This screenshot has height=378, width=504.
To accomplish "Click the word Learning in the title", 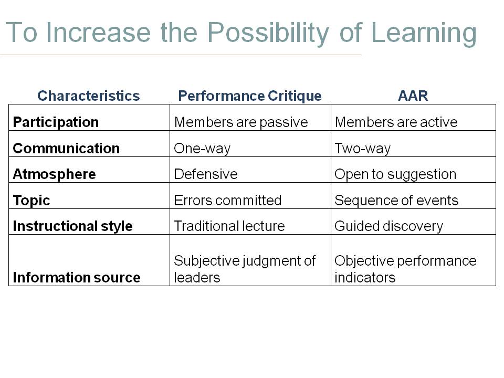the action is [x=424, y=34].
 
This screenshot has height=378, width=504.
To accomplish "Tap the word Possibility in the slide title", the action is [x=268, y=34].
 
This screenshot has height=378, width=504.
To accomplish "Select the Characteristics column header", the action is [x=89, y=96].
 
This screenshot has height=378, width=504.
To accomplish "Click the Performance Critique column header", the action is [x=250, y=96].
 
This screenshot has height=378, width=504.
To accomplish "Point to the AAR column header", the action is [x=413, y=96].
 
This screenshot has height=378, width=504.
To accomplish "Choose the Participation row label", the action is [x=56, y=122].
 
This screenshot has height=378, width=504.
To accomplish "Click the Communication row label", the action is [x=66, y=149].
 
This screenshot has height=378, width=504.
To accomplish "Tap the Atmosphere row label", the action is [x=54, y=174].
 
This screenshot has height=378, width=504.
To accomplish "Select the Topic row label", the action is [x=31, y=201].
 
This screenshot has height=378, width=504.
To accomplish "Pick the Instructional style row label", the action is [x=72, y=226].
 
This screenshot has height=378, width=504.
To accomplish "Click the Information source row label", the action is [x=77, y=278].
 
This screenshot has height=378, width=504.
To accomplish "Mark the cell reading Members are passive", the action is [x=241, y=122].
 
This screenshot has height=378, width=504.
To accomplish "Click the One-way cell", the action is [x=202, y=149].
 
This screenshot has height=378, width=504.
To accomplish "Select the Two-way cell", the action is [x=363, y=149].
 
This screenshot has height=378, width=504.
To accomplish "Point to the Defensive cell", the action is [x=206, y=174].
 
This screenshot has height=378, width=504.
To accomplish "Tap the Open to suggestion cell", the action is [x=395, y=174].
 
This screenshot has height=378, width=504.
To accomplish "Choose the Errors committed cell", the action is [x=228, y=201].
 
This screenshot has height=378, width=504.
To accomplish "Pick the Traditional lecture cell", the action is [x=229, y=226].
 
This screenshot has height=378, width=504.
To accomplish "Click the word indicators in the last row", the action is [x=365, y=278].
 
